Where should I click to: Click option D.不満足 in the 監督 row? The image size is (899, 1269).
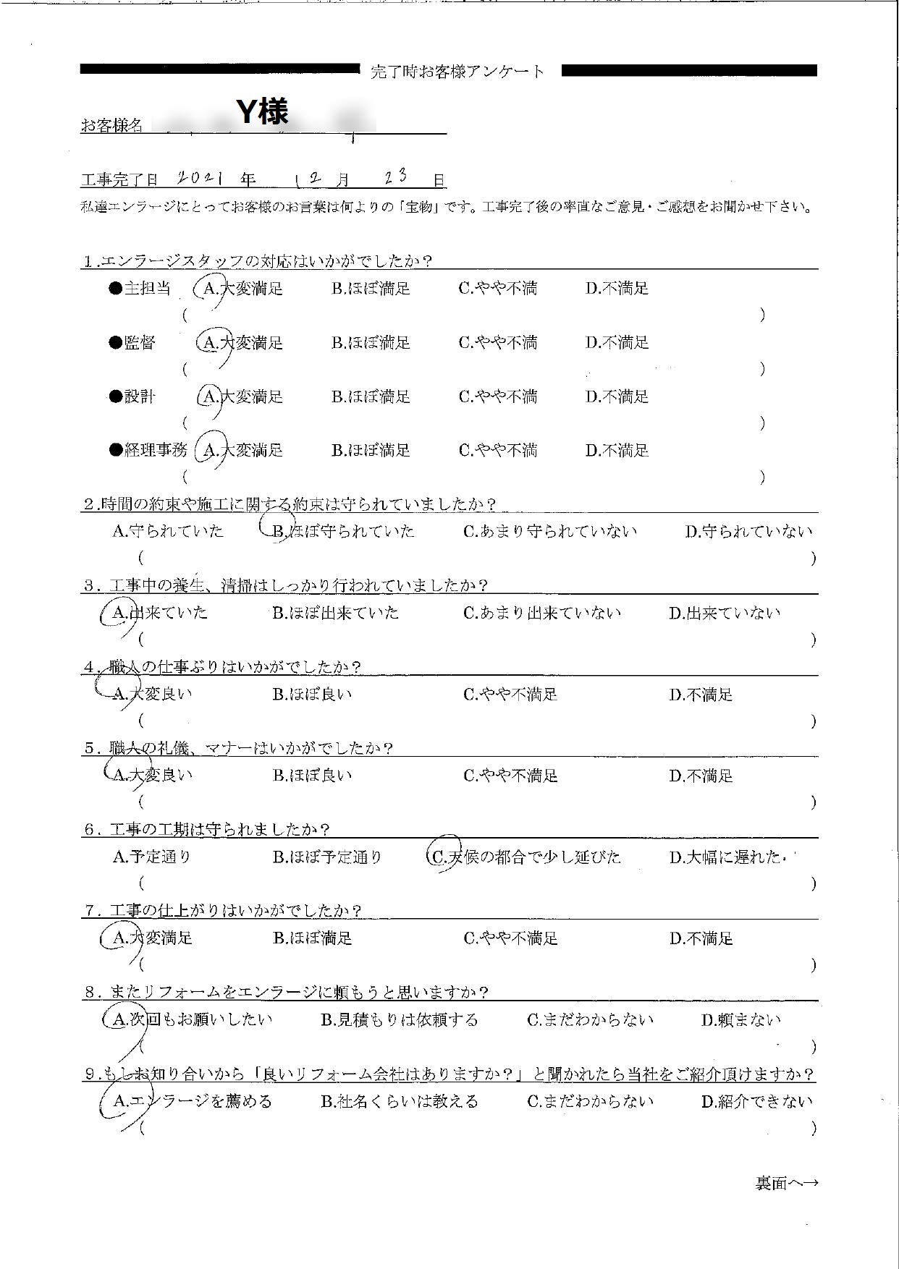click(x=617, y=342)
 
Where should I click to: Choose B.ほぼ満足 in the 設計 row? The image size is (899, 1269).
click(x=371, y=396)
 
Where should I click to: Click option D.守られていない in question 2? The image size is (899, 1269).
click(x=748, y=532)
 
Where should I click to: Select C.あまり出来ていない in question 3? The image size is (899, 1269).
click(x=541, y=613)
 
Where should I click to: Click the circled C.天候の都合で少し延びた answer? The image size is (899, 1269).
click(x=526, y=857)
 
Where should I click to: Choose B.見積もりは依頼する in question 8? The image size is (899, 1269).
click(x=400, y=1020)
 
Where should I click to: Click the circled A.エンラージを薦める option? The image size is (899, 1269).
click(x=193, y=1101)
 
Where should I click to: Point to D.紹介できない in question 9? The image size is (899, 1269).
click(x=756, y=1101)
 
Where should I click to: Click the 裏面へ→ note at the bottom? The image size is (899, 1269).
click(x=787, y=1183)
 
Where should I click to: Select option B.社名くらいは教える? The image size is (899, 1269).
click(x=400, y=1101)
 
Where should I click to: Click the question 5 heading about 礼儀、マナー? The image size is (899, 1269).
click(x=239, y=747)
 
